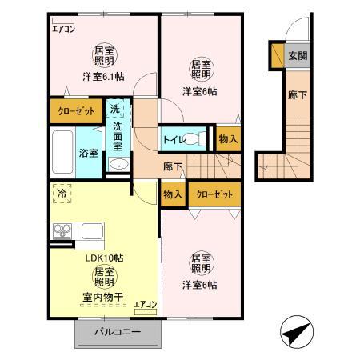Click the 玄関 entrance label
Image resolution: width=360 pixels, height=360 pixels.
(298, 55)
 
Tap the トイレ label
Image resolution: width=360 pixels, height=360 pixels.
(173, 140)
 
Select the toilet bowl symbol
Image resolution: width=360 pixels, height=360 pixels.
(196, 140)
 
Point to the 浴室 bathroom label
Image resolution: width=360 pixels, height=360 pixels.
(87, 153)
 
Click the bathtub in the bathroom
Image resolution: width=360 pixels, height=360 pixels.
(62, 153)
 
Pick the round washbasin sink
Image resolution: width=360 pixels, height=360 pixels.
(117, 166)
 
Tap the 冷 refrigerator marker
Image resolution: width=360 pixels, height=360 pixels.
(62, 193)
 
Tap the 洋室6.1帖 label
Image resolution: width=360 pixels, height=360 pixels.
(103, 78)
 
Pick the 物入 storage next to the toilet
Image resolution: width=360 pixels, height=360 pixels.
(228, 138)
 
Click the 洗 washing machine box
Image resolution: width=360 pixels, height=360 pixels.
(115, 110)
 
